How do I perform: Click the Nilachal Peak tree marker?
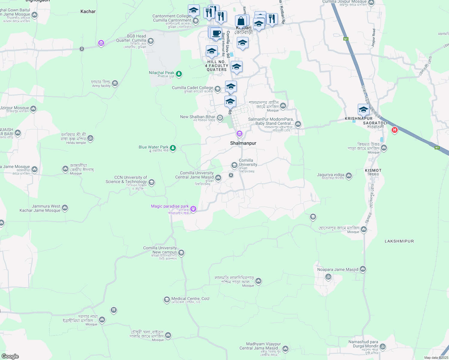(x=179, y=73)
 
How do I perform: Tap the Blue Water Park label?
(x=153, y=147)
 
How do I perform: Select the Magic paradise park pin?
(x=193, y=209)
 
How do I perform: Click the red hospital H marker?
(x=395, y=130)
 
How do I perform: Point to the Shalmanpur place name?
(x=243, y=143)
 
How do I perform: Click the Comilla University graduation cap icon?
(x=234, y=165)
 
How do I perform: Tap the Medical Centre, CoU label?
(x=190, y=299)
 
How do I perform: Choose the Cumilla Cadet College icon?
(x=218, y=89)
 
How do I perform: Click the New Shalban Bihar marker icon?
(x=220, y=118)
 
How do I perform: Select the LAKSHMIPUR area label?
(x=399, y=241)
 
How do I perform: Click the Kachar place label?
(x=88, y=11)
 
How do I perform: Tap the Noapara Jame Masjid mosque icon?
(x=363, y=269)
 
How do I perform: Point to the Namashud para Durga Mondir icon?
(x=382, y=346)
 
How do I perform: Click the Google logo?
(x=10, y=356)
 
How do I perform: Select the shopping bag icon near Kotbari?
(x=241, y=22)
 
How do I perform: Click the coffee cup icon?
(x=216, y=34)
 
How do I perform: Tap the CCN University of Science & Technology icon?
(x=152, y=182)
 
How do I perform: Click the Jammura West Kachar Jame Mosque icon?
(x=65, y=208)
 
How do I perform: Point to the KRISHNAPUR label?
(x=358, y=119)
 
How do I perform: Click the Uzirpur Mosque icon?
(x=33, y=109)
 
